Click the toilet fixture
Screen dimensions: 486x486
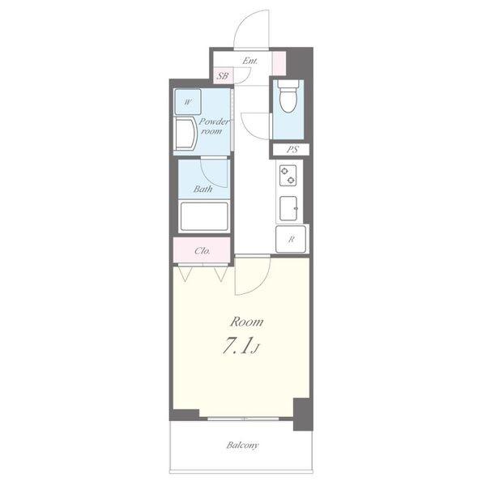(288, 96)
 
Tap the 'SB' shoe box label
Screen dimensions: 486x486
(223, 75)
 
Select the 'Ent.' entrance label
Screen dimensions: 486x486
(249, 61)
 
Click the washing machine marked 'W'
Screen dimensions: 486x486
(188, 102)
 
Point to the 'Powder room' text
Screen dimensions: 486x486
(214, 126)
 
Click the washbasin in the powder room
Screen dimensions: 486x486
(185, 134)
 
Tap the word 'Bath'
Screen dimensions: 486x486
(203, 189)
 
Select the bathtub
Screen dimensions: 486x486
(204, 216)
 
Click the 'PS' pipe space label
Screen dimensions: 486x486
(292, 150)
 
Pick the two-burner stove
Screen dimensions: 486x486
(288, 176)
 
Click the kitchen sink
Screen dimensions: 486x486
(288, 208)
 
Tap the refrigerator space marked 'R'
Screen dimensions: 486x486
(291, 239)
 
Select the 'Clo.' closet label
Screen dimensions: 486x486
(202, 250)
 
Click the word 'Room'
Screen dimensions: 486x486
(246, 322)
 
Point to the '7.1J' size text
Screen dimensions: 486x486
(241, 346)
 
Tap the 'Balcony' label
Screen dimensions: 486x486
(242, 446)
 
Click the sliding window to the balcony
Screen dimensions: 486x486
(243, 419)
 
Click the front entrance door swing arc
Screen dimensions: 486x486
(242, 20)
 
